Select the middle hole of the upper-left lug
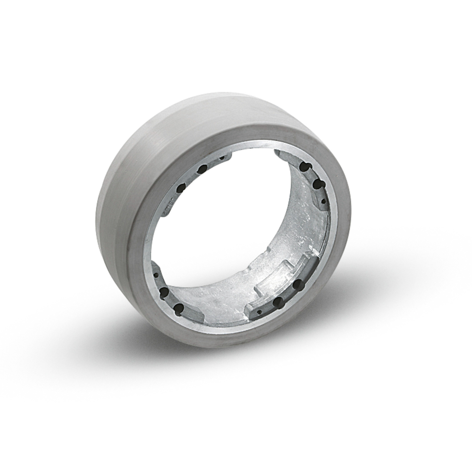click(202, 169)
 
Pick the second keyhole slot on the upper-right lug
click(317, 183)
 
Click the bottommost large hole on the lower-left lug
click(178, 309)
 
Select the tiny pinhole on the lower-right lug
click(259, 312)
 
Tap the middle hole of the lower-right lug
click(279, 301)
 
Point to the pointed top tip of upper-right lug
click(278, 152)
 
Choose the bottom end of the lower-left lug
click(189, 317)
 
